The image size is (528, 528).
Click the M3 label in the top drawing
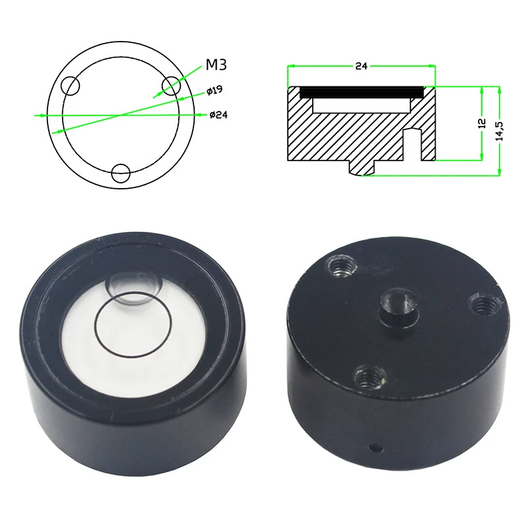pyautogui.click(x=217, y=65)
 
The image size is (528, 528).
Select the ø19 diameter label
pyautogui.click(x=214, y=89)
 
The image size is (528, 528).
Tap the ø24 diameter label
pyautogui.click(x=218, y=115)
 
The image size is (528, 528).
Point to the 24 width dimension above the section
pyautogui.click(x=361, y=66)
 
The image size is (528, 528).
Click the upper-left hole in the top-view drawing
pyautogui.click(x=69, y=86)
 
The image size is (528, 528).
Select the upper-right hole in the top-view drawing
pyautogui.click(x=171, y=85)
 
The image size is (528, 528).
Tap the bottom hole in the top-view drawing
pyautogui.click(x=120, y=174)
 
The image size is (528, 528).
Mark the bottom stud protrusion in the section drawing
pyautogui.click(x=360, y=168)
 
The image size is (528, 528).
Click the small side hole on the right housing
pyautogui.click(x=376, y=448)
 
